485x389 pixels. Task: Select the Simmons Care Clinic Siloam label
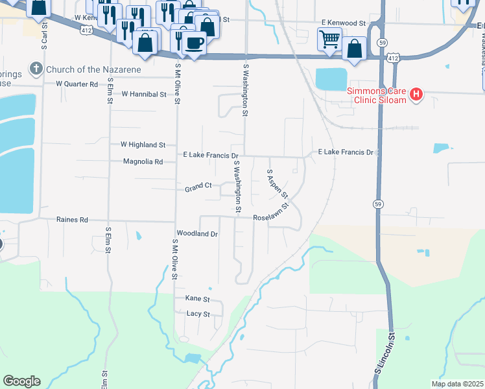coord(376,95)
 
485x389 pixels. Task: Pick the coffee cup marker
coord(194,43)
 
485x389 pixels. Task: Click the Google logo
coord(21,381)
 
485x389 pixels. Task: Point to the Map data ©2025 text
coord(457,384)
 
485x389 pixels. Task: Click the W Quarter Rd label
coord(77,84)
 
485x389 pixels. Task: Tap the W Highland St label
coord(143,145)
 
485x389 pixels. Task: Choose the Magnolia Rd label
coord(143,161)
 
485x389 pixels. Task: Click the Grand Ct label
coord(198,187)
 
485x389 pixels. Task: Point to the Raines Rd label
coord(72,220)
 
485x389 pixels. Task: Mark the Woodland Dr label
coord(197,233)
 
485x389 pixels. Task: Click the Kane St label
coord(198,299)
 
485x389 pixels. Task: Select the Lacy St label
coord(198,314)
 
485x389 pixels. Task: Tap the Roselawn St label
coord(271,218)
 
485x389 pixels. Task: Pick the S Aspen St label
coord(277,185)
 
